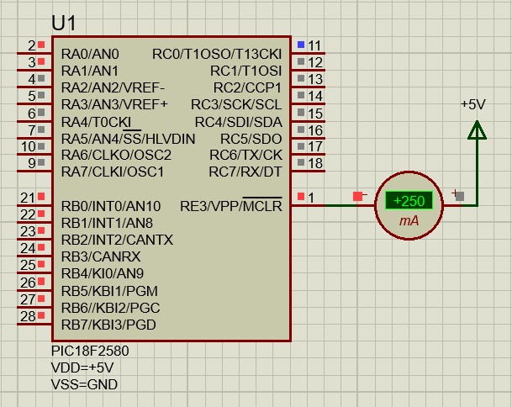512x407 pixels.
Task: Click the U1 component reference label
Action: (64, 24)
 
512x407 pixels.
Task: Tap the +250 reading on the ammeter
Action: (409, 200)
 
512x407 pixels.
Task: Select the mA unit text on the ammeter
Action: (409, 221)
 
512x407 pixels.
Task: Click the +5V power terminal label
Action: (473, 104)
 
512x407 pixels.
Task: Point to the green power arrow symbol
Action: (477, 130)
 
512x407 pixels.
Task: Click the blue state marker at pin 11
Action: (301, 45)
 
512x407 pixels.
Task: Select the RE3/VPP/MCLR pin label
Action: (231, 206)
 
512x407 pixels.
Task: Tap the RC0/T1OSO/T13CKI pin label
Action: (217, 54)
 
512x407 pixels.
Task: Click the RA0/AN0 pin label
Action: (90, 54)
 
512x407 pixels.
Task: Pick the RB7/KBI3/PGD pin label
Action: (108, 325)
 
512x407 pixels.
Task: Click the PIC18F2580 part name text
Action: (90, 351)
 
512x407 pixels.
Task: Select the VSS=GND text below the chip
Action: (84, 384)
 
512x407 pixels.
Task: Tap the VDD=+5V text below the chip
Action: (82, 367)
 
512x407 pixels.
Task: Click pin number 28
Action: (28, 316)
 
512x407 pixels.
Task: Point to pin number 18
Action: (315, 163)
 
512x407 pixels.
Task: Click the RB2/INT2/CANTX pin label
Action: (117, 240)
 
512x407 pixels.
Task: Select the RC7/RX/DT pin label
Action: (245, 172)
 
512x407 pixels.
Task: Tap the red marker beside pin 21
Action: (41, 196)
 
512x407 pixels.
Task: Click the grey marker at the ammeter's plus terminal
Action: (460, 196)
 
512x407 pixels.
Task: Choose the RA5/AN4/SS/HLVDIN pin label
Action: (128, 139)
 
